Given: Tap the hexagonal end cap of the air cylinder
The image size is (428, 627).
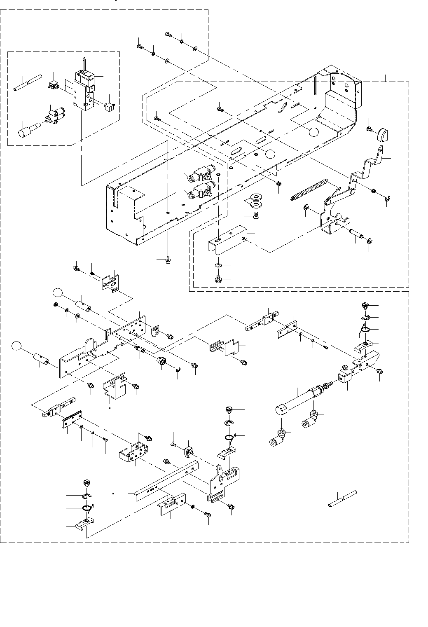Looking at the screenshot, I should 281,410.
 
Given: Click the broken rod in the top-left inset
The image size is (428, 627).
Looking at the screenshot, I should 28,82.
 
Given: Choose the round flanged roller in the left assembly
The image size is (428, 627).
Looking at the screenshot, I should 161,361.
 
